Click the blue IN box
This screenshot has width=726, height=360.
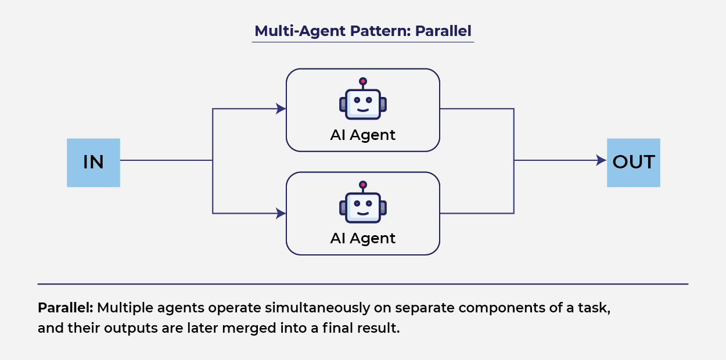[x=93, y=163]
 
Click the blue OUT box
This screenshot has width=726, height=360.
[x=633, y=163]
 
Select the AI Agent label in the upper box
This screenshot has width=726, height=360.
[x=363, y=135]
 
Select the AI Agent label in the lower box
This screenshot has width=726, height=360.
[x=363, y=239]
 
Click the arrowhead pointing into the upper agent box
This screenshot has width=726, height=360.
[x=281, y=109]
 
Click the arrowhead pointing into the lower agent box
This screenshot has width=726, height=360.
[x=281, y=214]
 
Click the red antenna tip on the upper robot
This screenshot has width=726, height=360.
[x=363, y=81]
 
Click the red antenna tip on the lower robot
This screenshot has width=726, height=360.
[x=363, y=185]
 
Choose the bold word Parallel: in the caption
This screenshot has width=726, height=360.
[x=66, y=308]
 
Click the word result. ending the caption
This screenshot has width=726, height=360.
[x=381, y=328]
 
